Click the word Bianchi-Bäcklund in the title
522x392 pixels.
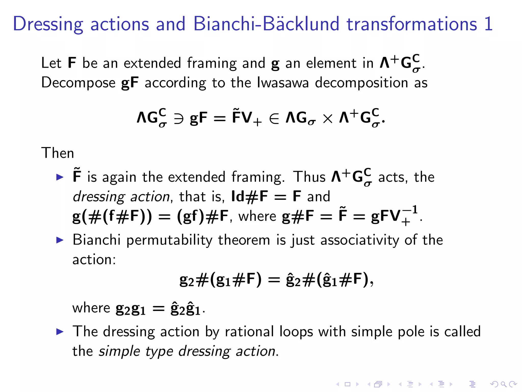coord(266,24)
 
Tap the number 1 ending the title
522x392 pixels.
coord(488,24)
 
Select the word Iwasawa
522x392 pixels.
coord(283,83)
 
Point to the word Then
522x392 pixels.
coord(58,153)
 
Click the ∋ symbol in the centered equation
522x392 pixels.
coord(178,119)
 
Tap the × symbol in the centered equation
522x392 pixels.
coord(328,119)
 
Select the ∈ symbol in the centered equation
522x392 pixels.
coord(274,119)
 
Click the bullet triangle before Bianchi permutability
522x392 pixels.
coord(60,240)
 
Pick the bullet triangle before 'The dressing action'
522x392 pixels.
coord(60,332)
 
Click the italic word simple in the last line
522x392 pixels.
coord(119,351)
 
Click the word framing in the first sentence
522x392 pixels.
coord(212,63)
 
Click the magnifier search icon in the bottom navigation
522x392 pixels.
coord(503,384)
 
